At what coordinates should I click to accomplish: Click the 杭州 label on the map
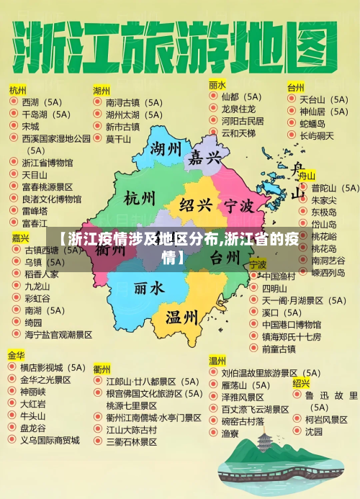coord(139,197)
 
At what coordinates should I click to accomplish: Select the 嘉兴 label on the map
coord(204,158)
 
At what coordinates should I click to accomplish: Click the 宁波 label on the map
coord(238,207)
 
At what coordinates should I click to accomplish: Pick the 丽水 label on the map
coord(149,288)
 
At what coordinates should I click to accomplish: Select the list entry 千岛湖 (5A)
coord(46,114)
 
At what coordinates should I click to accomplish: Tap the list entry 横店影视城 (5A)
coord(53,367)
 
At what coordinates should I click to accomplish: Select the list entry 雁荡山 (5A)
coord(246,385)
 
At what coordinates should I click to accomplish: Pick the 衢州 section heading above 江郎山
coord(102,368)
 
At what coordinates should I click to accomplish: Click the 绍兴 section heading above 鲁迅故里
coord(301,383)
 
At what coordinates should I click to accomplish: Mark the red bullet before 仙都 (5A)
coord(213,96)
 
